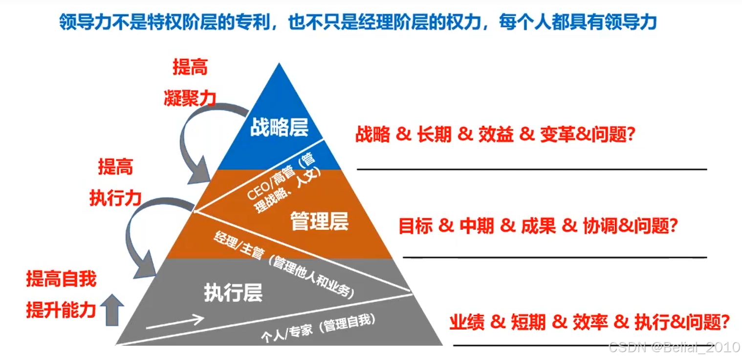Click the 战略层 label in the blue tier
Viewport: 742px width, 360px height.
(x=279, y=128)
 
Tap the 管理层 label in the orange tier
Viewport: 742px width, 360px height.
(x=319, y=221)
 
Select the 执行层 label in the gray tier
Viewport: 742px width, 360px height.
(x=233, y=292)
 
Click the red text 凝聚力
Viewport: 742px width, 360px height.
(x=189, y=98)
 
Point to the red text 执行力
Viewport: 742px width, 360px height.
(x=115, y=198)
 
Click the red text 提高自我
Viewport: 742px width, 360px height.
(x=61, y=279)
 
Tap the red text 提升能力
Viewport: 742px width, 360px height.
(x=61, y=310)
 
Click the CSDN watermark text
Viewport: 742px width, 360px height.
(x=674, y=347)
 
